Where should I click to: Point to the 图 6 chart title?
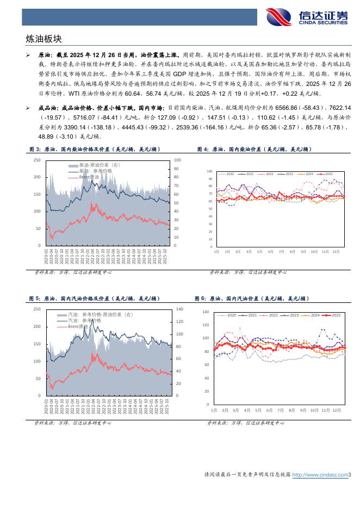pos(251,299)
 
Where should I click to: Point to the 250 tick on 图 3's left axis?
pos(36,160)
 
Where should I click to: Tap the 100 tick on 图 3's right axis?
pos(177,160)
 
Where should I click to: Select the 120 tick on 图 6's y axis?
pos(206,325)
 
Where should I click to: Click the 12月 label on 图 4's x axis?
pos(336,251)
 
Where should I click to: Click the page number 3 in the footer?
pos(350,475)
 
